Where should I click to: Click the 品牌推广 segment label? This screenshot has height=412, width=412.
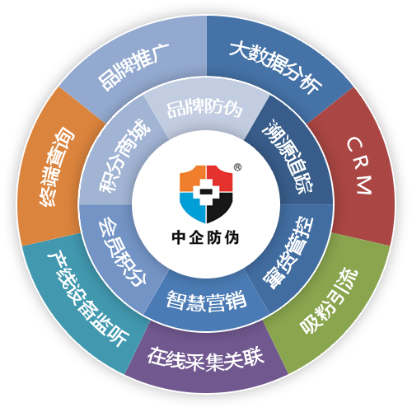pyautogui.click(x=133, y=67)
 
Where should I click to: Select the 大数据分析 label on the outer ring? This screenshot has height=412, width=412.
pyautogui.click(x=275, y=67)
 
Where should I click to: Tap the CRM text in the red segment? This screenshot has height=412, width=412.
pyautogui.click(x=359, y=166)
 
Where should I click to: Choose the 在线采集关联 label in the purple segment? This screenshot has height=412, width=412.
pyautogui.click(x=206, y=358)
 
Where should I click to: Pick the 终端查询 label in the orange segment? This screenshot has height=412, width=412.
pyautogui.click(x=57, y=166)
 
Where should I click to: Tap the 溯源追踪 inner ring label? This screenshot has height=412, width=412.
pyautogui.click(x=288, y=157)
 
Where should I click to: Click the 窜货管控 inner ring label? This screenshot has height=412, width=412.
pyautogui.click(x=288, y=253)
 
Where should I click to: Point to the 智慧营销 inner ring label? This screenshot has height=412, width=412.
pyautogui.click(x=206, y=301)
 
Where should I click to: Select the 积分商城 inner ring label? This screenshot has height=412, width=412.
pyautogui.click(x=124, y=156)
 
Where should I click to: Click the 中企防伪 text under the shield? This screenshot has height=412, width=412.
pyautogui.click(x=205, y=237)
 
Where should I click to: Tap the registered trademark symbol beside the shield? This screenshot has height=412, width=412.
pyautogui.click(x=237, y=167)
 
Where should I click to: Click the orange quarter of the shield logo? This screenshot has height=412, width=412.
pyautogui.click(x=191, y=177)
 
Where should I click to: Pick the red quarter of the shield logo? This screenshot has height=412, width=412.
pyautogui.click(x=221, y=177)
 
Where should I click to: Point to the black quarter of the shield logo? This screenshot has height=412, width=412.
pyautogui.click(x=219, y=207)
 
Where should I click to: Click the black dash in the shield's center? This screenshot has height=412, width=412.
pyautogui.click(x=206, y=191)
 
